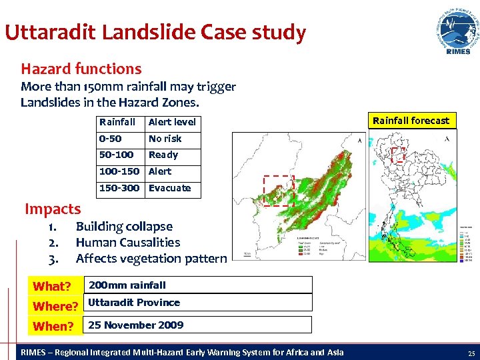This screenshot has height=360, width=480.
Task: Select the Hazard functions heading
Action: coord(81,69)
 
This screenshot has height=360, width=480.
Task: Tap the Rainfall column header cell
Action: coord(117,122)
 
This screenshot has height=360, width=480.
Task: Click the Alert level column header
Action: coord(172,122)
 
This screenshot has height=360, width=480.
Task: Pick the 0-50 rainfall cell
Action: coord(112,139)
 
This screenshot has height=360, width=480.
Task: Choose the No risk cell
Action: coord(165,139)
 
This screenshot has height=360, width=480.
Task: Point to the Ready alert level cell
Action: coord(163,155)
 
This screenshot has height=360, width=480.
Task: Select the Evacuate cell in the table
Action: coord(169,188)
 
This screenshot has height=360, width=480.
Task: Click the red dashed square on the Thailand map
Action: coord(398,155)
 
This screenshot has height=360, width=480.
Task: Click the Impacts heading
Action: coord(53,209)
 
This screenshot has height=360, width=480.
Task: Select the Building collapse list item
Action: coord(124,227)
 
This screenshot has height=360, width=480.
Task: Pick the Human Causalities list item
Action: coord(128,243)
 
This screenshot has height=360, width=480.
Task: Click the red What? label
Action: coord(52,287)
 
